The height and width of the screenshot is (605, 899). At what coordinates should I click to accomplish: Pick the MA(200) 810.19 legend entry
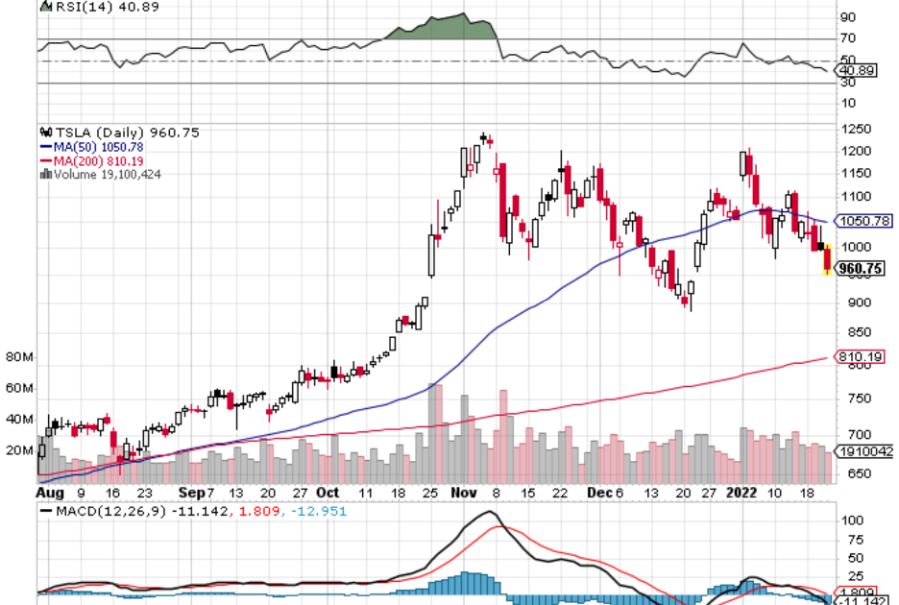85,160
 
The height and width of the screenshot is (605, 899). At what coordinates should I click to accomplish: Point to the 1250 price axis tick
855,130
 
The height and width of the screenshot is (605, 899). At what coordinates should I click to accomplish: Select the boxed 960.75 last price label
861,269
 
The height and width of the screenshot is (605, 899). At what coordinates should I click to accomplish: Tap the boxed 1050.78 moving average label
864,221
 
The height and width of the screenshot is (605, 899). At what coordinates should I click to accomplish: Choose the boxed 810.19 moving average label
861,357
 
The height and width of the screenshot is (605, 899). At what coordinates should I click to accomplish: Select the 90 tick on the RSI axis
848,17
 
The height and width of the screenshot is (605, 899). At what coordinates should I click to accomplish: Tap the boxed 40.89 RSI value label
859,71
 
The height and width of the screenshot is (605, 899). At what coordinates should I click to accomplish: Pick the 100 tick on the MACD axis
851,520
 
